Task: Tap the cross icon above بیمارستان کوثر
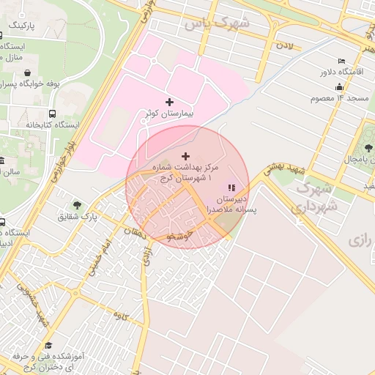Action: [x=170, y=102]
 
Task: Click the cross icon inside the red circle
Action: [x=185, y=156]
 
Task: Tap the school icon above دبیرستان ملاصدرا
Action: [x=231, y=187]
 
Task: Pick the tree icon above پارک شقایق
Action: [x=77, y=205]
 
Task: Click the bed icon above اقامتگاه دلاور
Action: [x=341, y=61]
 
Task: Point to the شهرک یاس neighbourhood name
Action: [x=217, y=23]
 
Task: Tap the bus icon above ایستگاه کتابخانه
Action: [x=53, y=114]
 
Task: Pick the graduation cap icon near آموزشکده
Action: [x=48, y=345]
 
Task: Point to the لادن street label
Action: [x=284, y=47]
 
